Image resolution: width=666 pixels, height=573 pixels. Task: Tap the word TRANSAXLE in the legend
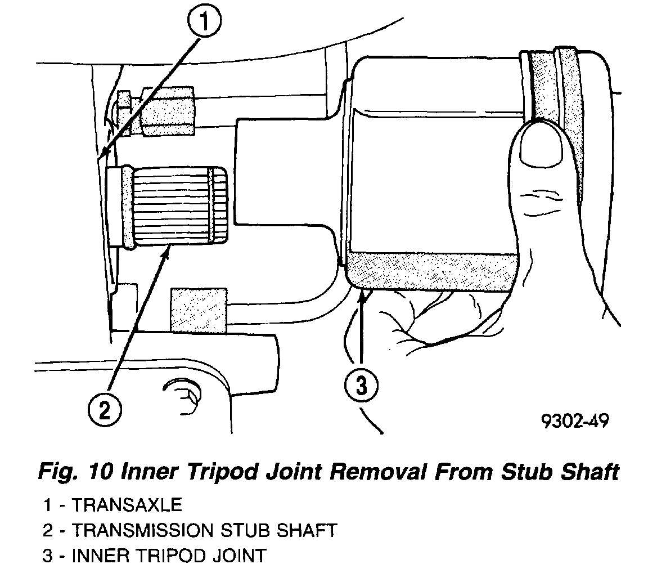[128, 504]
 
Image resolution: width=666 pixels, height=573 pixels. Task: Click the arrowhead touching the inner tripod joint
[365, 296]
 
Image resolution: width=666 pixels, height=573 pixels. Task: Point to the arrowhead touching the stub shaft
[165, 254]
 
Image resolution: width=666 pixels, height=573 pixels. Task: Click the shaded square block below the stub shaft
[199, 309]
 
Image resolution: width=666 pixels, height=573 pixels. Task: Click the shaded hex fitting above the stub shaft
[168, 111]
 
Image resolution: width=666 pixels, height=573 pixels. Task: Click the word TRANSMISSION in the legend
[143, 530]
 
